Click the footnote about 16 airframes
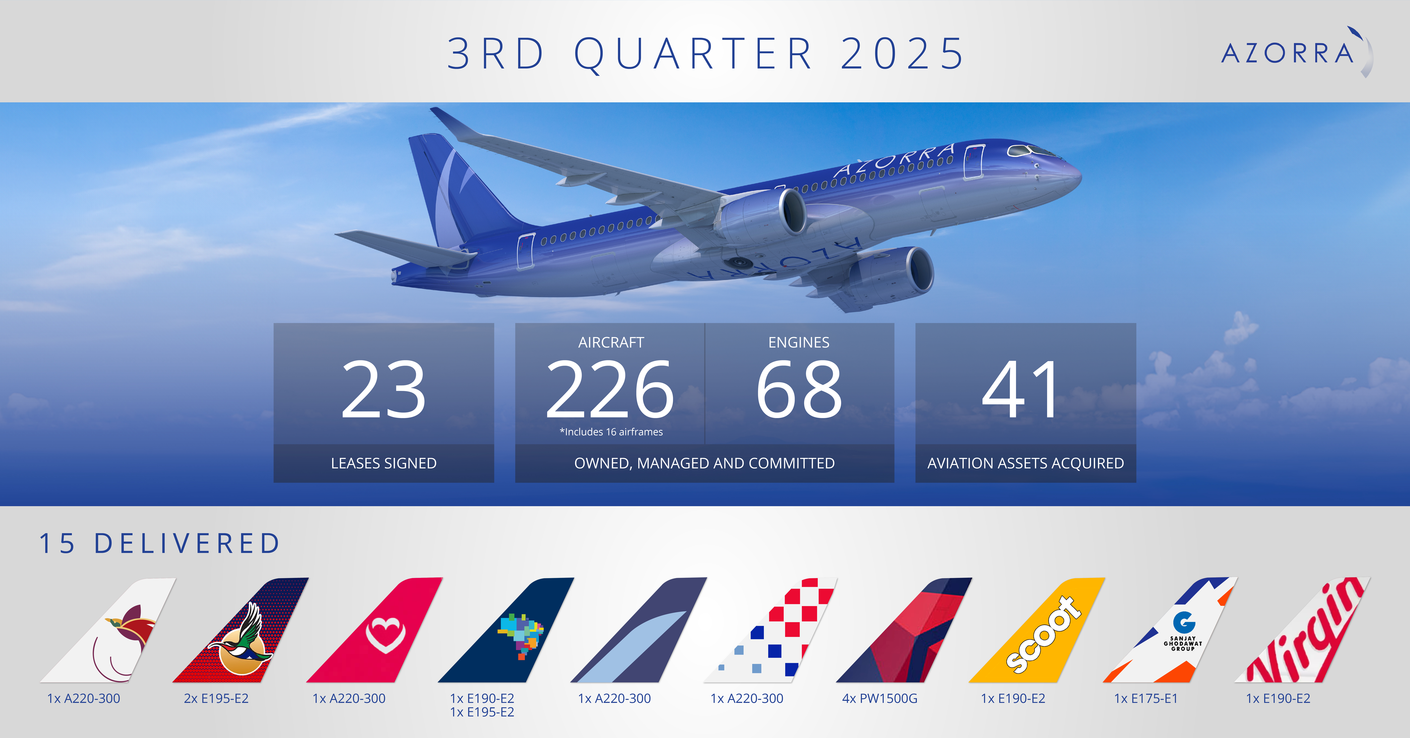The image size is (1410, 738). coord(611,432)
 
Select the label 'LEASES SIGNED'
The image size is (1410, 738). coord(384,463)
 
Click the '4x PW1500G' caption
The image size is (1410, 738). coord(880,699)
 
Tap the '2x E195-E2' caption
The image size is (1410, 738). coord(216,699)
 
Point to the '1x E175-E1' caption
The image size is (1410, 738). coord(1146,699)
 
